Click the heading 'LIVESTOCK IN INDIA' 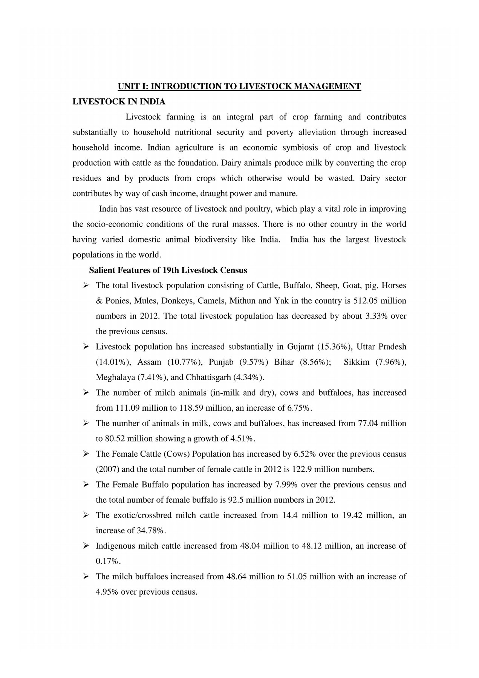tap(119, 102)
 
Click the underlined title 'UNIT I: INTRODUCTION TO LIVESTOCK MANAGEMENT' tap(239, 86)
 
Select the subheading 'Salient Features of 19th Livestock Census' tap(168, 270)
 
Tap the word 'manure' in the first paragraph tap(284, 194)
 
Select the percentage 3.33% tap(376, 316)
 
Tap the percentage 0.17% tap(107, 561)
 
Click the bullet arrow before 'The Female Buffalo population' tap(86, 485)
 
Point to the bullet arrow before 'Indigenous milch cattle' tap(86, 546)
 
